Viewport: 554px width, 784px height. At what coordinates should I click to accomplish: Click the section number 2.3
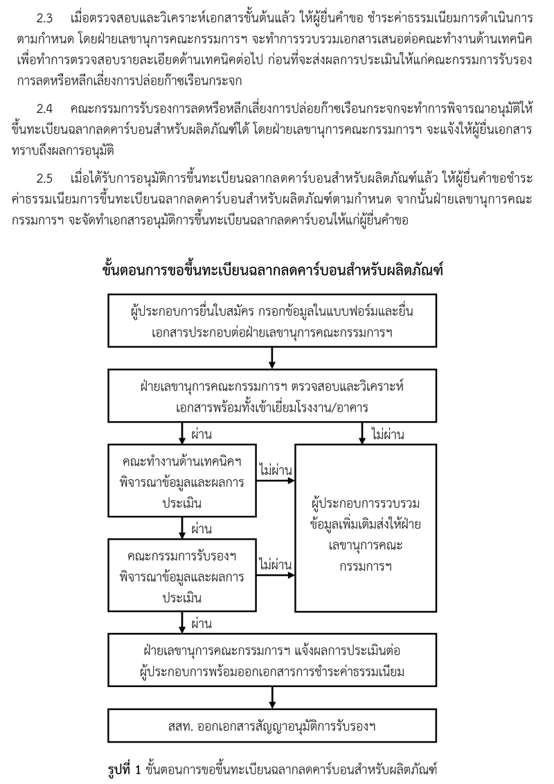click(x=44, y=19)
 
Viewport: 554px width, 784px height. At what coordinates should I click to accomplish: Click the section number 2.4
click(x=44, y=109)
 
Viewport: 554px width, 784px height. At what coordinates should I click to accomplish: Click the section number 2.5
click(x=44, y=179)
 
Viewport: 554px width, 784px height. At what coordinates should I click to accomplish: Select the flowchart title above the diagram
click(x=273, y=271)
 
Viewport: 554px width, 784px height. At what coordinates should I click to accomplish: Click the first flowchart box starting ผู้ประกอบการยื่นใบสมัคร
click(x=273, y=321)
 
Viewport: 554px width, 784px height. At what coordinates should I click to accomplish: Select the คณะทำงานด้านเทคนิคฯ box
click(x=182, y=481)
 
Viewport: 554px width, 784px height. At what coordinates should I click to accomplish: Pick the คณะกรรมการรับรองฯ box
click(x=182, y=576)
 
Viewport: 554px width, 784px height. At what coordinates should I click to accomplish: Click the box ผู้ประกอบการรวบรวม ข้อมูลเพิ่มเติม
click(x=366, y=528)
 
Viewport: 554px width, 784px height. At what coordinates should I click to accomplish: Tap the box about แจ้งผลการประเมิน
click(x=273, y=660)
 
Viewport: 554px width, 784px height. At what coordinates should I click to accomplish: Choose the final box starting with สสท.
click(x=273, y=726)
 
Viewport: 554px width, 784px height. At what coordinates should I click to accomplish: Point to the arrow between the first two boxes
click(x=273, y=358)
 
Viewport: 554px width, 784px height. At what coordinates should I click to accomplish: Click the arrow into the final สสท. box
click(x=273, y=697)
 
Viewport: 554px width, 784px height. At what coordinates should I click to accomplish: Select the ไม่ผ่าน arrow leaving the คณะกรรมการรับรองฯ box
click(x=276, y=576)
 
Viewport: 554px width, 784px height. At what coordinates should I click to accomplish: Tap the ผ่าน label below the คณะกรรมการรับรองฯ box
click(x=202, y=623)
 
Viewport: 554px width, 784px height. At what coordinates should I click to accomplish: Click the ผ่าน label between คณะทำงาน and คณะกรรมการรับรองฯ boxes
click(x=202, y=528)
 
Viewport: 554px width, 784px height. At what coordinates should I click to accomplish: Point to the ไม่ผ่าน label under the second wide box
click(x=388, y=434)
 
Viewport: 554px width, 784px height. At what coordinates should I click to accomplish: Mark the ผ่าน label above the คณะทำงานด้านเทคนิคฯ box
click(x=202, y=434)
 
